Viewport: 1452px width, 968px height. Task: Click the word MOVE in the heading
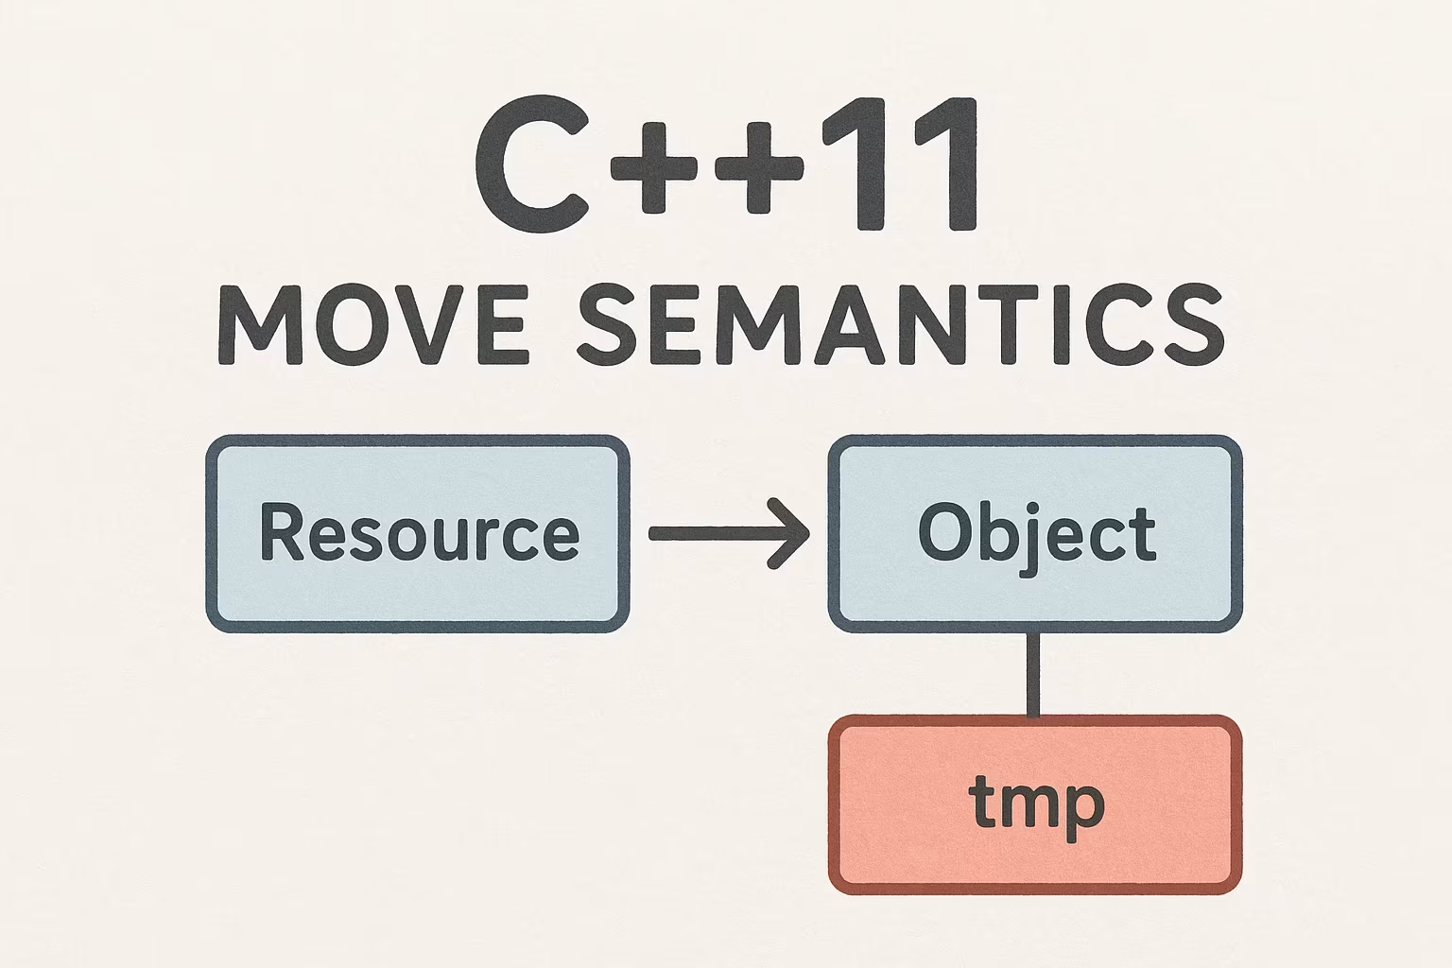tap(374, 324)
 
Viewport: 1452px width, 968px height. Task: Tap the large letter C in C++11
tap(532, 164)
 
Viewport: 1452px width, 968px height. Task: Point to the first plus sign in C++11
tap(653, 168)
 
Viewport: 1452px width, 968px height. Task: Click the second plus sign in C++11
tap(759, 168)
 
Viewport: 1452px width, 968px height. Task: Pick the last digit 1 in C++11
tap(945, 164)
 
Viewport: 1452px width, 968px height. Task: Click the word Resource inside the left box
tap(420, 533)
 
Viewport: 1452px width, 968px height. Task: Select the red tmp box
tap(1035, 804)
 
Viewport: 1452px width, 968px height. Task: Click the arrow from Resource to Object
tap(729, 533)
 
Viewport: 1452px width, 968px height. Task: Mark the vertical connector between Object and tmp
tap(1034, 674)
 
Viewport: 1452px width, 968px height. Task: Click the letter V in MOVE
tap(429, 324)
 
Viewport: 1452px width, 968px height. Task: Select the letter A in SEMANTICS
tap(851, 324)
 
